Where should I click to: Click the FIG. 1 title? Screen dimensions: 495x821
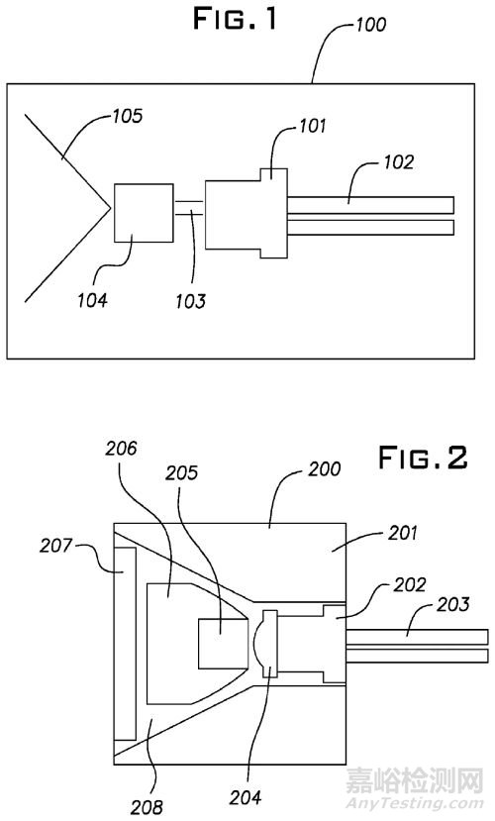click(x=235, y=20)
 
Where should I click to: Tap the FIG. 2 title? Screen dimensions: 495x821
click(x=423, y=459)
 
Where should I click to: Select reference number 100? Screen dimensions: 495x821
click(x=371, y=25)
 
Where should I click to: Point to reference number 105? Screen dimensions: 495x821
click(x=127, y=116)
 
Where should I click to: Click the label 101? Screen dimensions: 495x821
click(x=313, y=126)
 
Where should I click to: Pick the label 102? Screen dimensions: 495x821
click(x=399, y=161)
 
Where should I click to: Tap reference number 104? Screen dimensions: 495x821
click(x=93, y=300)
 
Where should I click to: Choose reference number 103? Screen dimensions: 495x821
click(x=190, y=301)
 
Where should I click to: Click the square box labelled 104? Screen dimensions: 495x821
click(x=144, y=213)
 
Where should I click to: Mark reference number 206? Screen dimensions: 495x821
click(x=121, y=449)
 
